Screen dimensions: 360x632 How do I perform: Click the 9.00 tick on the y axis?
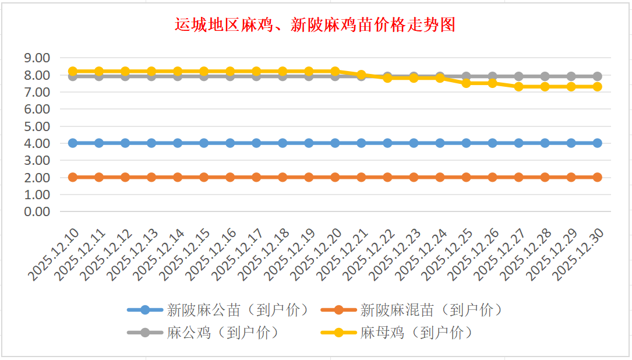pos(37,58)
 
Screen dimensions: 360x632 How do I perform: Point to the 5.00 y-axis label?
pos(37,126)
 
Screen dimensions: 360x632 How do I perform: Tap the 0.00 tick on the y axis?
pos(37,211)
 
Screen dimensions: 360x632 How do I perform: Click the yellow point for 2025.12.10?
pos(73,71)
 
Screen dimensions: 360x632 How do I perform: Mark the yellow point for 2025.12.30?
pos(597,86)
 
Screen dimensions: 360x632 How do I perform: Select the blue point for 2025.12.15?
pos(204,143)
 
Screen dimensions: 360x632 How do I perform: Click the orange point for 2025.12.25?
pos(466,177)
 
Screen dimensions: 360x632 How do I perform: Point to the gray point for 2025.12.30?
pos(597,76)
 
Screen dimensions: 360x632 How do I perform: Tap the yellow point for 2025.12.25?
pos(466,83)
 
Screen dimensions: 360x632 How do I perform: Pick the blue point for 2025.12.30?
pos(597,143)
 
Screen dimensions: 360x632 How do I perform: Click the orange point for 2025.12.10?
pos(73,177)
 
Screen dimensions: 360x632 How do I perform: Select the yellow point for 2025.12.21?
pos(361,75)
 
